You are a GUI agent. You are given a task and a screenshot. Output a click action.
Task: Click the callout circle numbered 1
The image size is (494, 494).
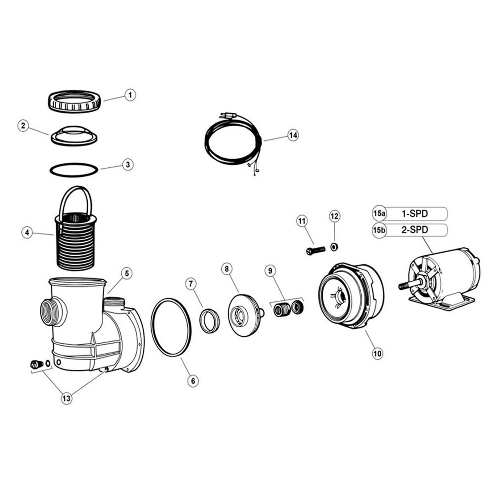tap(130, 95)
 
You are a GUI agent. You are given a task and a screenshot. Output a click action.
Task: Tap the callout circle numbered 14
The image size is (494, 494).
tap(293, 135)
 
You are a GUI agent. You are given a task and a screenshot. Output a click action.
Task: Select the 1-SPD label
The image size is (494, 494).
tap(414, 213)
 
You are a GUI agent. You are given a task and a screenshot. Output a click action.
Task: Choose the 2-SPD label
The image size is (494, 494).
tap(414, 230)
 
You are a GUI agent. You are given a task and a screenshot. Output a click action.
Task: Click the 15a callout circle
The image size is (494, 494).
tap(379, 213)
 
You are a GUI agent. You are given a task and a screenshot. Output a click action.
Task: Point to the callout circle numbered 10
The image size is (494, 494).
tap(377, 353)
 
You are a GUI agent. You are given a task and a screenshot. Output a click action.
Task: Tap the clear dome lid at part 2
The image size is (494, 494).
tap(74, 135)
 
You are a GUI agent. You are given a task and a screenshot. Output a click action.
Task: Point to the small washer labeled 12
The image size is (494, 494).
tap(334, 247)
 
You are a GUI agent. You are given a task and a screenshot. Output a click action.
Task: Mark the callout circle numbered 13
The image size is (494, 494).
tap(66, 398)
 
